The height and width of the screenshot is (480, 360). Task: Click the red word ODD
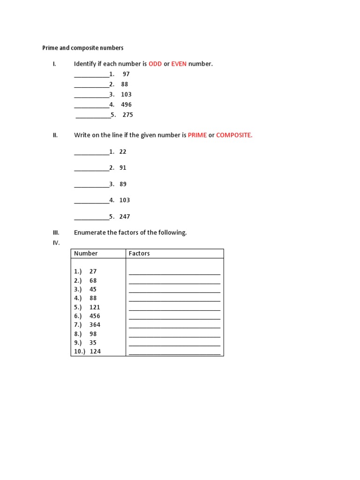(155, 64)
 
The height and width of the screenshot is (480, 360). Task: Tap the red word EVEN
(179, 64)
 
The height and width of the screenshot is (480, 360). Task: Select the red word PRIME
(197, 135)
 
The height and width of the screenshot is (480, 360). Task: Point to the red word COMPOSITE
(234, 135)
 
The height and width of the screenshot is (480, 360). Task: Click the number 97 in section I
(126, 74)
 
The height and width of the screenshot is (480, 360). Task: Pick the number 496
(126, 105)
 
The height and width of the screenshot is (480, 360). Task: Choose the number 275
(127, 115)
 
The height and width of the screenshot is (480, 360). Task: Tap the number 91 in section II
(123, 167)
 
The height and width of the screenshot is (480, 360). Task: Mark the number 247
(124, 217)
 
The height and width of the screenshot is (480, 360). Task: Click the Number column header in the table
(86, 254)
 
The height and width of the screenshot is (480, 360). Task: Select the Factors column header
(139, 254)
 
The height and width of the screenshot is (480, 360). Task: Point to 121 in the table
(95, 307)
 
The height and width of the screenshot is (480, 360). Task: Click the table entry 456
(95, 316)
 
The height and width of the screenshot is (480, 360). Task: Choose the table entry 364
(95, 324)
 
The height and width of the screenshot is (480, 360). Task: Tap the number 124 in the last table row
(95, 351)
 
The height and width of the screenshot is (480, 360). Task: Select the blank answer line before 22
(91, 153)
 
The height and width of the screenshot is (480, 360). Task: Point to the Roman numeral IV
(56, 242)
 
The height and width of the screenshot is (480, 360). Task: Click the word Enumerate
(90, 232)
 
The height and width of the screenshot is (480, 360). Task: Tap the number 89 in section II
(123, 184)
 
